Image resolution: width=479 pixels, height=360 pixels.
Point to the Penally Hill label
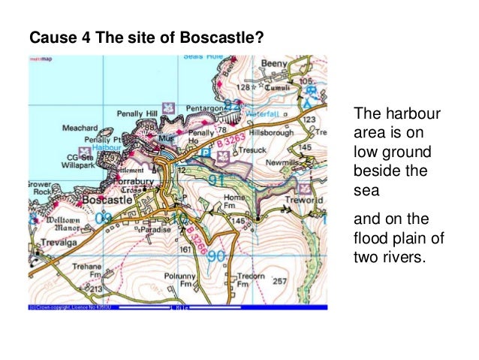coord(137,113)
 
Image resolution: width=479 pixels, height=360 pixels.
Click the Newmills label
coord(282,162)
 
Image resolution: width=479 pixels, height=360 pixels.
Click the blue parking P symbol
coord(207,151)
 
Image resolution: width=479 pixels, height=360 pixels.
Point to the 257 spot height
coord(279,281)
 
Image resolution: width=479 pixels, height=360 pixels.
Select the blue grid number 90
coord(217,257)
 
